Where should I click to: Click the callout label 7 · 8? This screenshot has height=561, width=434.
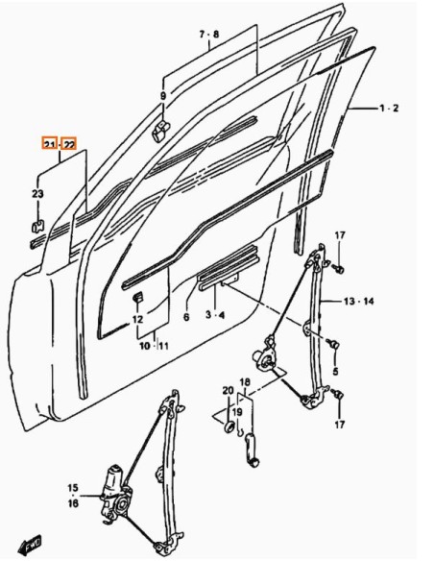[209, 35]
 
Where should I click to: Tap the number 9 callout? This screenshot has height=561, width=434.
[163, 96]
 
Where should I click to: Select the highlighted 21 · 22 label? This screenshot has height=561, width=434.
[60, 144]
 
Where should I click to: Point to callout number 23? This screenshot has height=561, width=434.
[37, 194]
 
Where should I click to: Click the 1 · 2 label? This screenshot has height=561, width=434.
[389, 108]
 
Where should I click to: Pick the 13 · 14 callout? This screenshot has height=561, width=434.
[358, 302]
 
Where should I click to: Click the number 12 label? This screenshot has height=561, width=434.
[137, 319]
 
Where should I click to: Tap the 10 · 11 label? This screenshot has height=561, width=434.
[154, 346]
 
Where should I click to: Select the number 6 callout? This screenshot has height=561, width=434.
[186, 317]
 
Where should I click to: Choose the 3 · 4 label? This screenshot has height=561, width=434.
[215, 315]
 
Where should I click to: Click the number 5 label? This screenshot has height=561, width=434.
[335, 371]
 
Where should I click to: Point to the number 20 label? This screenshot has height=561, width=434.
[228, 391]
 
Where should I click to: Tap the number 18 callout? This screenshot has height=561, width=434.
[245, 382]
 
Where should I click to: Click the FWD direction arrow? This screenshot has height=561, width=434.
[30, 545]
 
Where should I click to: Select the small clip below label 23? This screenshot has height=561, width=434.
[37, 227]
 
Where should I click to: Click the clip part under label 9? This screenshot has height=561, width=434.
[161, 131]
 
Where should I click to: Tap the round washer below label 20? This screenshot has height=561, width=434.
[229, 427]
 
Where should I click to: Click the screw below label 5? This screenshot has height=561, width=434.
[334, 345]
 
